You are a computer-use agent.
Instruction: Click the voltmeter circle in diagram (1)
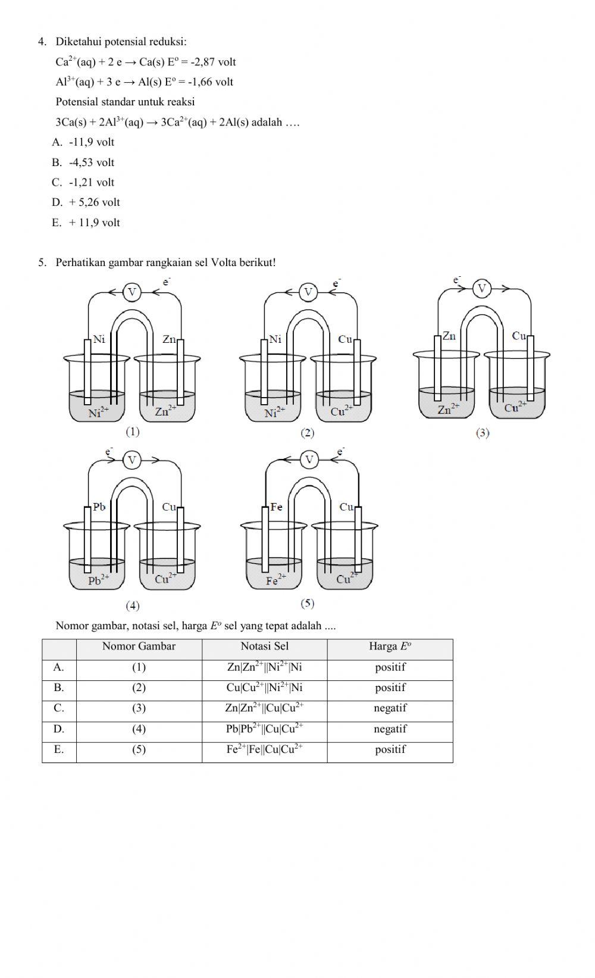[132, 292]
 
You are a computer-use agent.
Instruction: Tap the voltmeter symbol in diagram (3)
[482, 289]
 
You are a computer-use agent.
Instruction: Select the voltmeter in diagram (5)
[309, 460]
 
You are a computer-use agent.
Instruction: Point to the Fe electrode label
[276, 507]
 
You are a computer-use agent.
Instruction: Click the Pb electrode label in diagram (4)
[99, 507]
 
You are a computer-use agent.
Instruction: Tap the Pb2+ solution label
[98, 580]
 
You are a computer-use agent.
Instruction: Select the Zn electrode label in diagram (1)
[169, 339]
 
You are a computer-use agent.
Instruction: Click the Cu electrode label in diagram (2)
[345, 339]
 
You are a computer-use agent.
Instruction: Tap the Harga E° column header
[390, 647]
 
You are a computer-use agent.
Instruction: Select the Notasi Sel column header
[264, 646]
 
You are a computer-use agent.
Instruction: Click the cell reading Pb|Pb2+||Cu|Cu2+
[264, 729]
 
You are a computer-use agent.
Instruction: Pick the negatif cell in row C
[390, 708]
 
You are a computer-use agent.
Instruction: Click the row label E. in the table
[58, 749]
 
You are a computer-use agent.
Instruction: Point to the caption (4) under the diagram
[132, 605]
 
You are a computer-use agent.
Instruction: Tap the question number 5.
[42, 263]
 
